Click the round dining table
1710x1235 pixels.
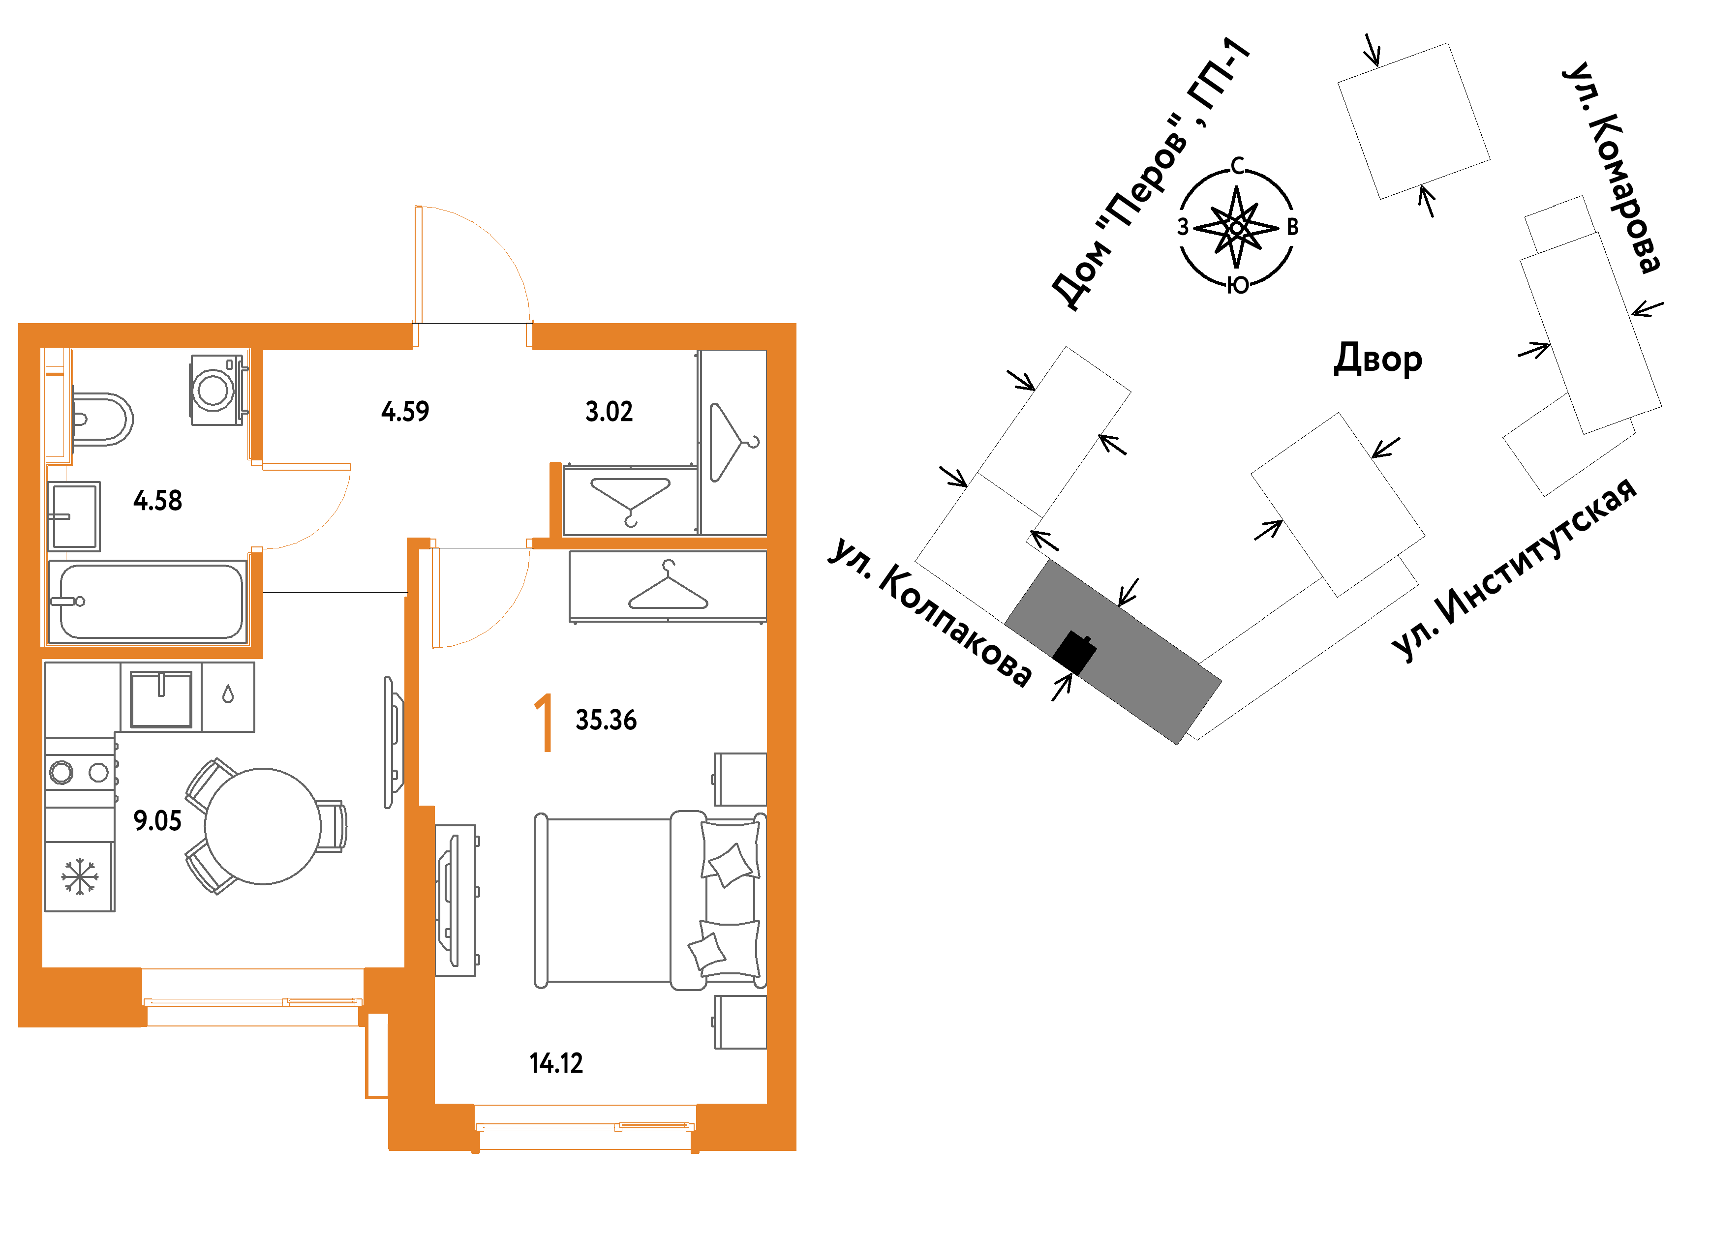263,826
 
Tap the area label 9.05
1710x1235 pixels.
157,820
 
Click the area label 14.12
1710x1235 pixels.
556,1064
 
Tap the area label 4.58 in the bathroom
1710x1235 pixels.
157,501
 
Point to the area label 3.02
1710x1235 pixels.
609,412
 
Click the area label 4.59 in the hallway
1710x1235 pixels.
405,412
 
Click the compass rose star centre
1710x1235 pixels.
1237,227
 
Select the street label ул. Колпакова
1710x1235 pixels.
930,612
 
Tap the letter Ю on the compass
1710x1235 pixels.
1237,285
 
